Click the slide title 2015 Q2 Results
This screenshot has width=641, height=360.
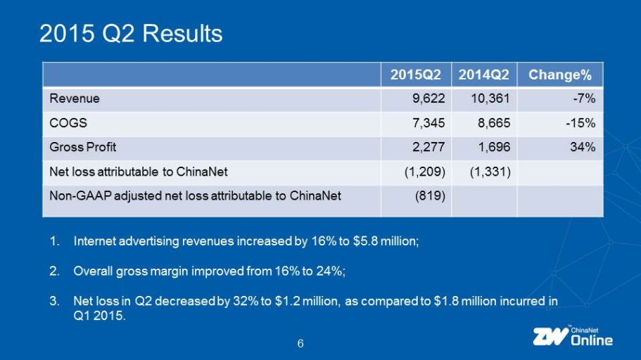[x=131, y=33]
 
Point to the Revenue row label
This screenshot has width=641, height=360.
[x=75, y=98]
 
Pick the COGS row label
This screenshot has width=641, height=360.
[x=68, y=122]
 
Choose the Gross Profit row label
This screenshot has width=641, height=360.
[x=83, y=147]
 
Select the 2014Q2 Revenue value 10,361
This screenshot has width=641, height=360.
[x=491, y=98]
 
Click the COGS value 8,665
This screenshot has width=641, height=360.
[x=495, y=122]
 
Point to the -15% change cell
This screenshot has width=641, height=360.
[x=583, y=122]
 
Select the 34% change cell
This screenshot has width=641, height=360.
[x=586, y=147]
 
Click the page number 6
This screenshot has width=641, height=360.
[x=300, y=343]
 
